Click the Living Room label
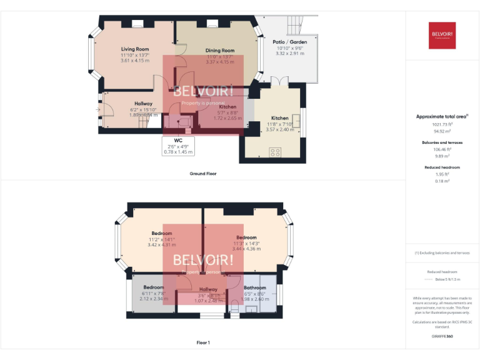pos(135,49)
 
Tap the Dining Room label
pos(220,51)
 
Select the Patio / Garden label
pos(290,42)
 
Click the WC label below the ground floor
pos(178,141)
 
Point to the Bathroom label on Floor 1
pos(255,288)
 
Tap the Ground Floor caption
pos(203,173)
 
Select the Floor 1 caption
pos(203,342)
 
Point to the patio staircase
pos(294,25)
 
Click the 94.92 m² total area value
pos(442,132)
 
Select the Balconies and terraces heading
pos(442,142)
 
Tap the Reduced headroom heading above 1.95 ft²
pos(442,167)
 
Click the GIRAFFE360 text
pos(442,336)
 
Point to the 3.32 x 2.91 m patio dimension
pos(290,54)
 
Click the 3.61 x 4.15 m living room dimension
pos(135,60)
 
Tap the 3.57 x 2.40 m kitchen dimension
pos(280,129)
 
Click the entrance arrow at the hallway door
pos(98,110)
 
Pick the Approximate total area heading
pos(442,116)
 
